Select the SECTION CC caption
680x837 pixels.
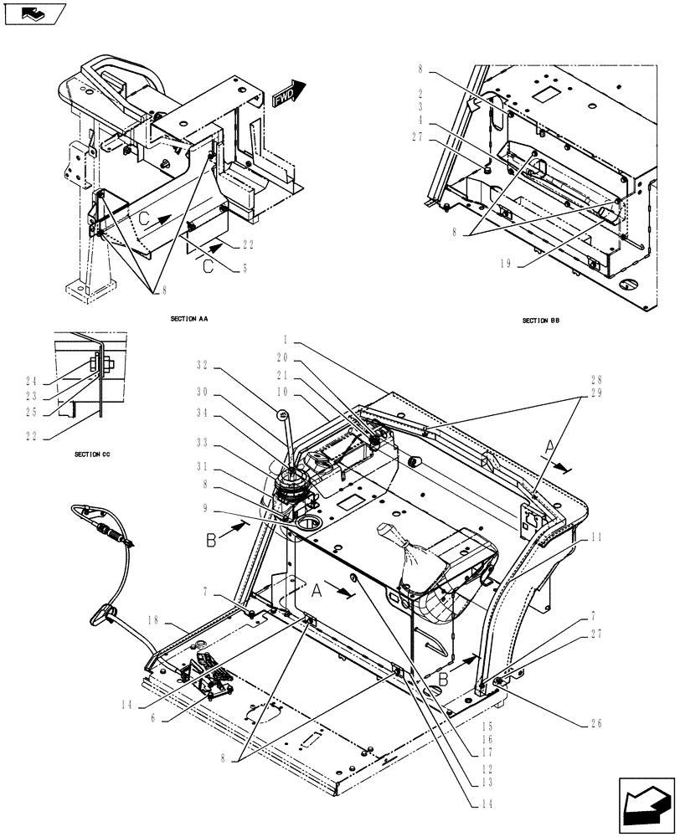coord(93,454)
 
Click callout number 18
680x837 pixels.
coord(152,620)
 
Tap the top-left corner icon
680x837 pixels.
coord(34,14)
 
